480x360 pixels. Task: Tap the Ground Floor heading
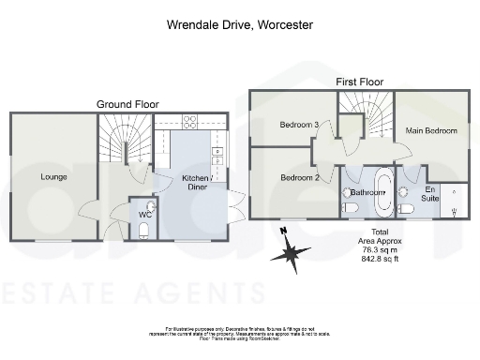[x=127, y=103]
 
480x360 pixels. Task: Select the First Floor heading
[x=360, y=82]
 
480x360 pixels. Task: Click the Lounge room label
[x=52, y=175]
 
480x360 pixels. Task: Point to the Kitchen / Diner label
[x=196, y=180]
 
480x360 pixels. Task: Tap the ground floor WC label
[x=144, y=215]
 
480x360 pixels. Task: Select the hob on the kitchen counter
[x=188, y=119]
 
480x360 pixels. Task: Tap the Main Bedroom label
[x=431, y=130]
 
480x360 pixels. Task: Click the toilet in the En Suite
[x=406, y=209]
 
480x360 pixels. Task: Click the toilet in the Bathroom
[x=350, y=208]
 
